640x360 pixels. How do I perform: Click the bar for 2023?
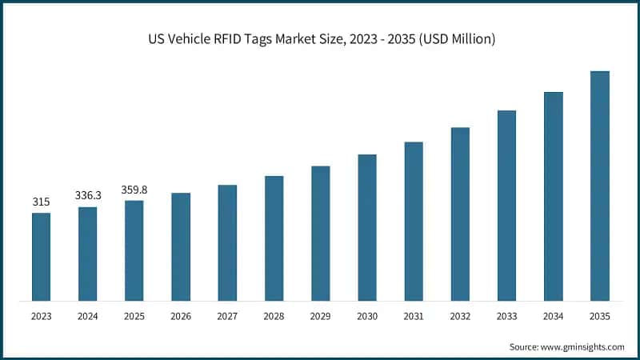pos(41,257)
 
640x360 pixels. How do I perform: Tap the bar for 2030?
pos(367,227)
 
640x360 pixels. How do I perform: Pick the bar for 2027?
pos(227,242)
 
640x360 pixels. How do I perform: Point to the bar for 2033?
pos(506,206)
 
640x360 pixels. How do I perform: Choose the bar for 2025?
pos(134,250)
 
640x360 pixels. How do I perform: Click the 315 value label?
pos(41,202)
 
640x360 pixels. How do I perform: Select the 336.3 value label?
pos(87,196)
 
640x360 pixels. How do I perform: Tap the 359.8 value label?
pos(134,190)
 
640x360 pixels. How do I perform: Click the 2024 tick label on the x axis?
pos(87,317)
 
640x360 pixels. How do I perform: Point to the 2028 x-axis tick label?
pos(274,317)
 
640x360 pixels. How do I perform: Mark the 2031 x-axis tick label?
pos(414,317)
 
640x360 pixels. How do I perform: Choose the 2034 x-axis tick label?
pos(554,317)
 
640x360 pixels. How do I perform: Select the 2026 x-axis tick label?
pos(181,317)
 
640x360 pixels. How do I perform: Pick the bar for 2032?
pos(460,214)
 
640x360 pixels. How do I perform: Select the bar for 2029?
pos(321,233)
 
